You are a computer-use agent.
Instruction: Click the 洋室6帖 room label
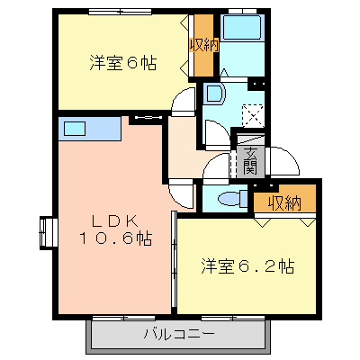point(123,63)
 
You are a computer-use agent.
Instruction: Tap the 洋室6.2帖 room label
point(247,266)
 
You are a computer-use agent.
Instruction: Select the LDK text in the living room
point(115,221)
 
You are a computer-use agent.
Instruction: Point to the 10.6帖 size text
point(116,238)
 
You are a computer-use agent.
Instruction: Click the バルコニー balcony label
point(180,333)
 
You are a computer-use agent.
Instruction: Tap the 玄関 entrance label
point(250,161)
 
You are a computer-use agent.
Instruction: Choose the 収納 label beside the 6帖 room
point(204,46)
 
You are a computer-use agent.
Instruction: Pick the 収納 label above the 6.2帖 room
point(284,204)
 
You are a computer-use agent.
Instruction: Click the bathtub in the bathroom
point(242,27)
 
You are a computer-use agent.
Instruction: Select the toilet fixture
point(233,199)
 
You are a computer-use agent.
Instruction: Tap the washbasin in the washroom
point(214,94)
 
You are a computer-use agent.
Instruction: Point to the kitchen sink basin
point(75,129)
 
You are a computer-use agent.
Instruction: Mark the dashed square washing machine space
point(253,115)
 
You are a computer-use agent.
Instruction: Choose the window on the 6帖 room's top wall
point(120,12)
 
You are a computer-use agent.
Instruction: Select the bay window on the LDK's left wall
point(48,233)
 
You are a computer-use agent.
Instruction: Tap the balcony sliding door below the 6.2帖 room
point(233,318)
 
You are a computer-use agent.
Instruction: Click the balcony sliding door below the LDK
point(123,318)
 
